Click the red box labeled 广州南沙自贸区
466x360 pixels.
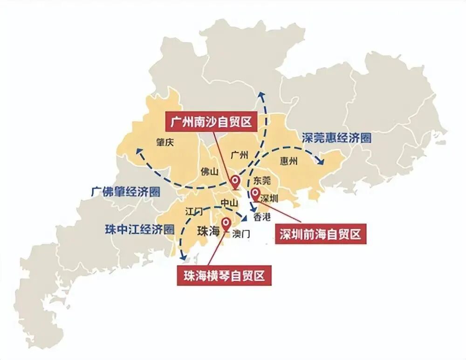tap(211, 122)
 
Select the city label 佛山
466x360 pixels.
tap(209, 171)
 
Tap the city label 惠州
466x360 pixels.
tap(289, 161)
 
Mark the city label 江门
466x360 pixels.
tap(194, 211)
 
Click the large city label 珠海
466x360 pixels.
tap(208, 231)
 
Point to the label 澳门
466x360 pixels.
tap(240, 233)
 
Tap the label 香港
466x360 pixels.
tap(262, 216)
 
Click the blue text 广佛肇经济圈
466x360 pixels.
tap(125, 191)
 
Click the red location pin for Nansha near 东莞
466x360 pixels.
tap(236, 181)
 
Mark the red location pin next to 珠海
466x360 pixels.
tap(226, 223)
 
